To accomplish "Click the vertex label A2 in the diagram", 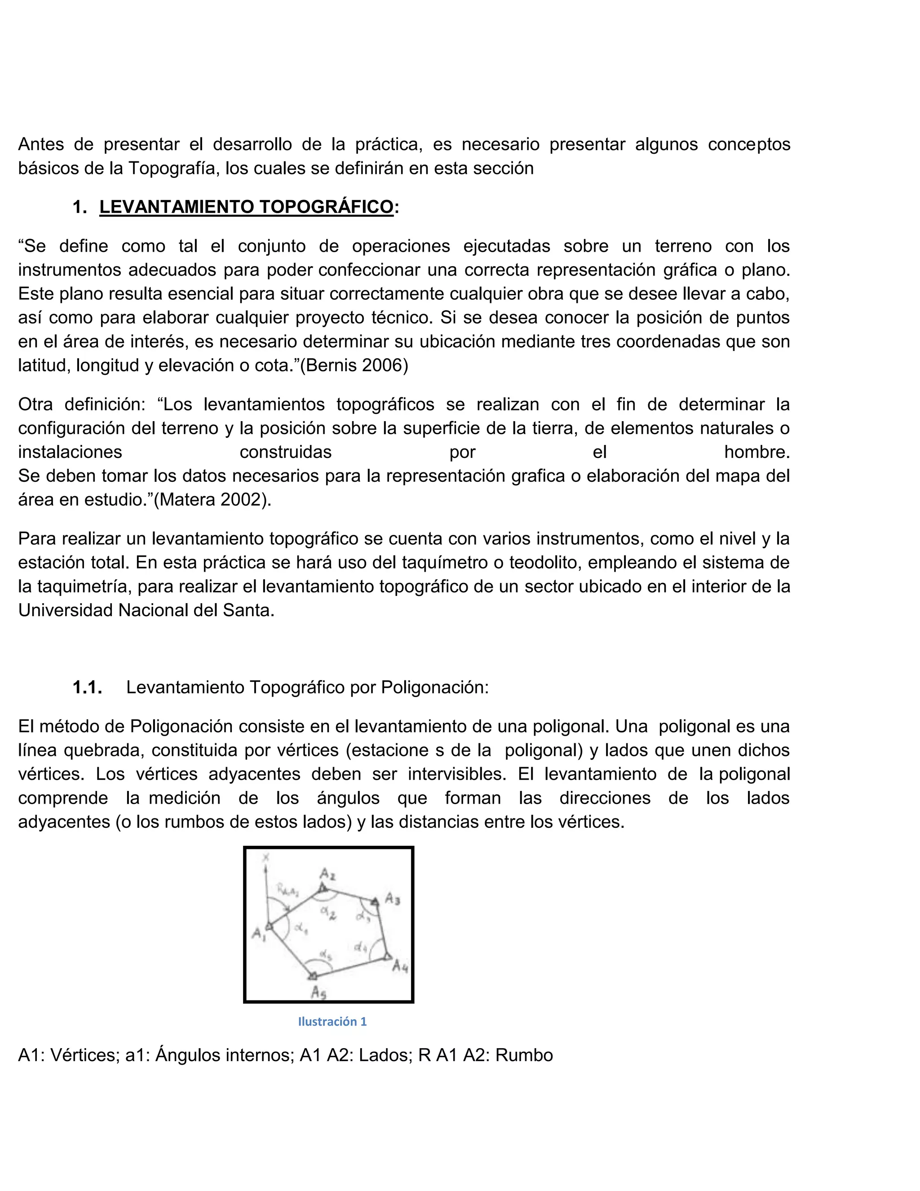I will [327, 874].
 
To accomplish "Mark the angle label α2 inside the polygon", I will [327, 911].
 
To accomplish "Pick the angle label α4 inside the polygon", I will [360, 947].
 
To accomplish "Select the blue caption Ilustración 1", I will [332, 1022].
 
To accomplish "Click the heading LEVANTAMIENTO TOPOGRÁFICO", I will [246, 207].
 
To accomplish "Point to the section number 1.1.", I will [87, 688].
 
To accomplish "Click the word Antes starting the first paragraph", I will [41, 145].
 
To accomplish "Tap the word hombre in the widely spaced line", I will [756, 452].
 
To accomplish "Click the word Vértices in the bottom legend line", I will [84, 1055].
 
